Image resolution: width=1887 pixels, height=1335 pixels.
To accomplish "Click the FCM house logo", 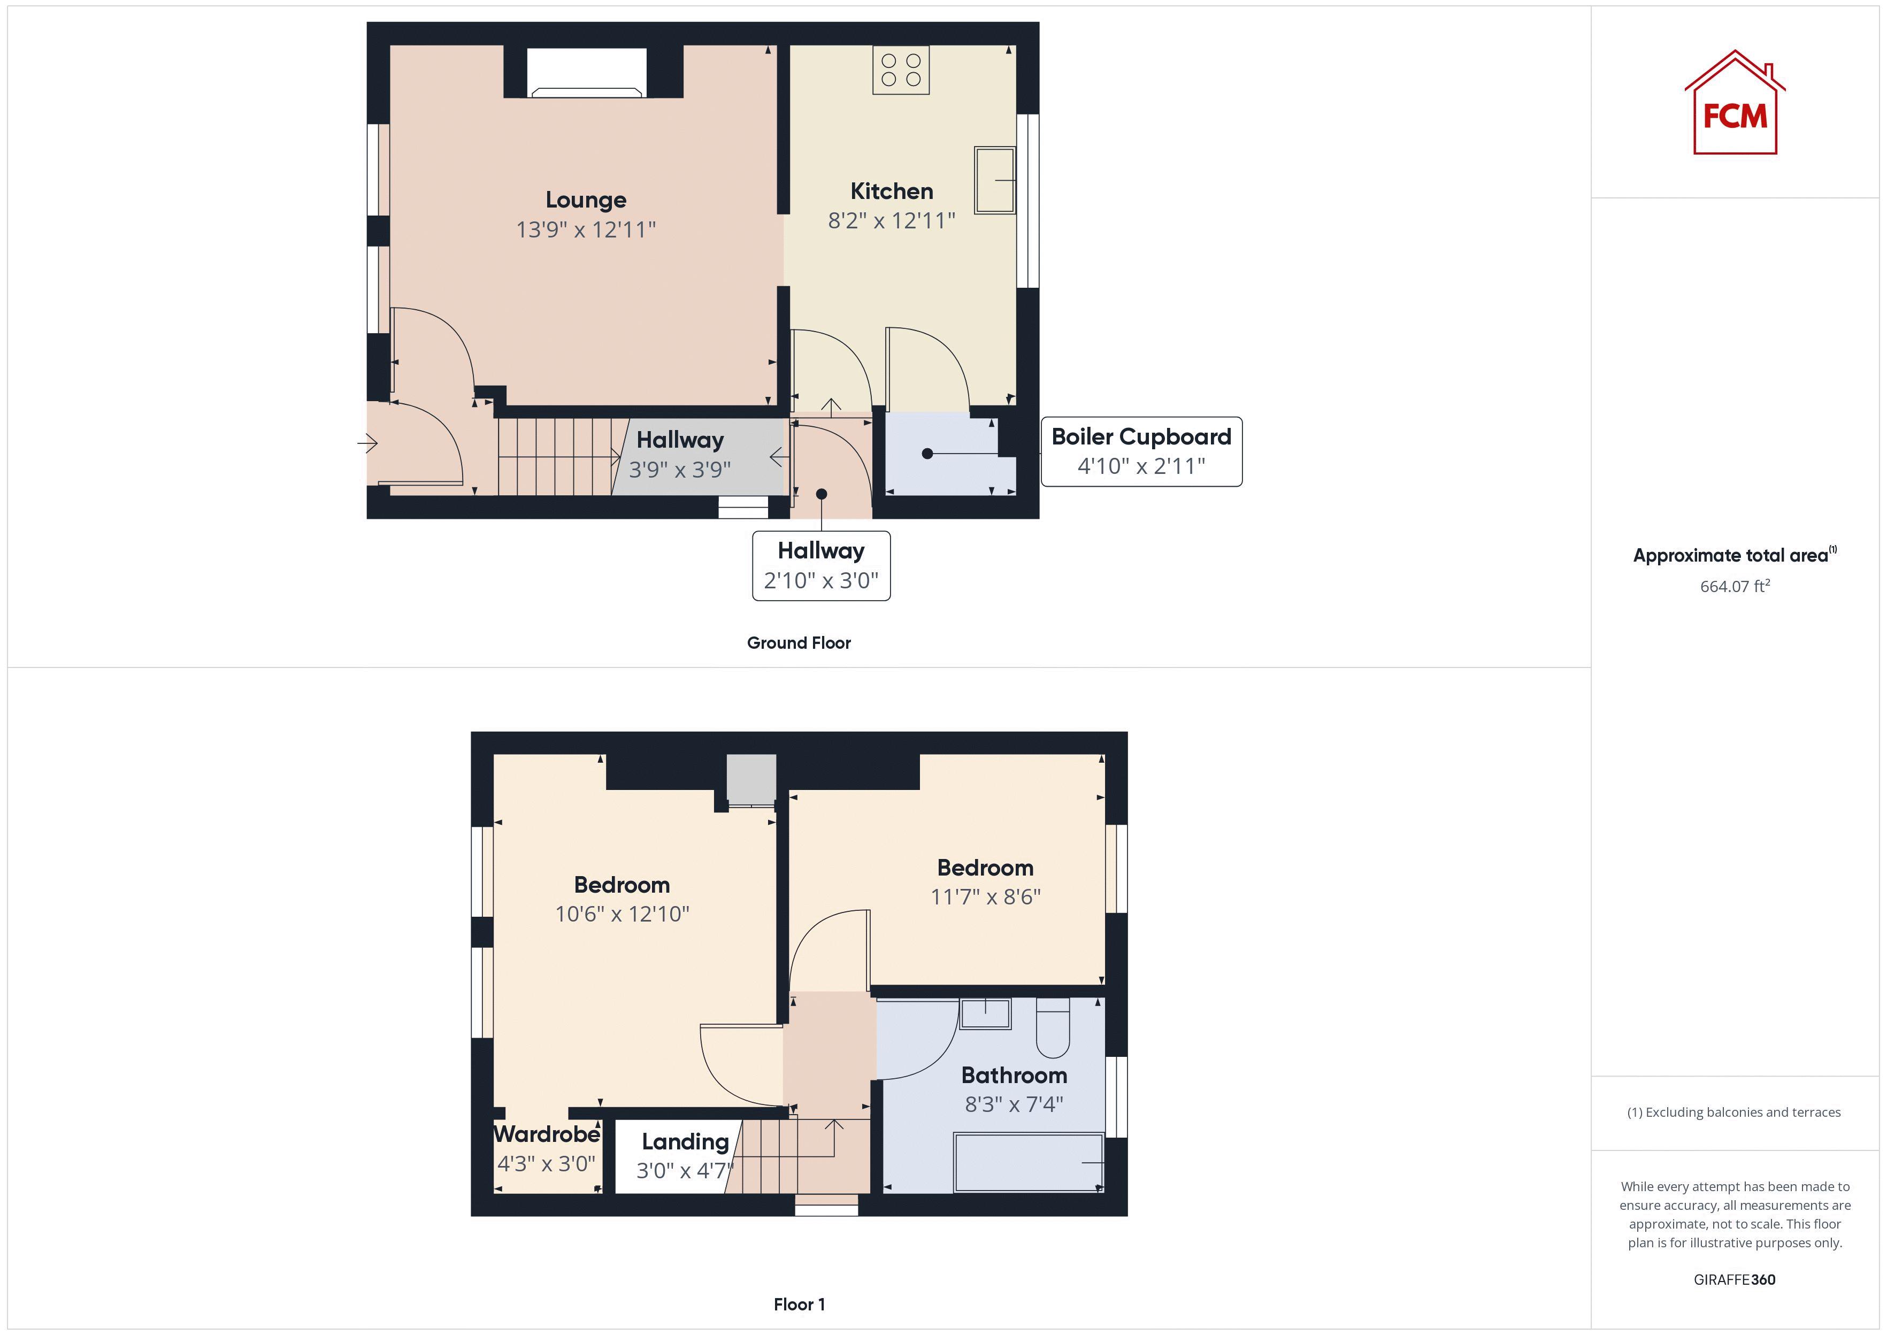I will point(1734,104).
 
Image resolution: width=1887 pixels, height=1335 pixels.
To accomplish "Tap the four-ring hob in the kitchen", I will point(901,70).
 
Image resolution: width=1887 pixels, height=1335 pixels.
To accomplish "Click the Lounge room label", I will point(586,200).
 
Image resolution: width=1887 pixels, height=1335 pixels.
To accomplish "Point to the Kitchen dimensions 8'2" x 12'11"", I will point(891,220).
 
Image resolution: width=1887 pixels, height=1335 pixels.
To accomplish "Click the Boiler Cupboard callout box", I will point(1141,451).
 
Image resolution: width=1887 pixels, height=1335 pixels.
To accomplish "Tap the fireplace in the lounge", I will point(586,72).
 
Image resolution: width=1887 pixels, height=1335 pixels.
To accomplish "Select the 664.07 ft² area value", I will point(1734,586).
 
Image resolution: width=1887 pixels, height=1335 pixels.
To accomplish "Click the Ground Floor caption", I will point(798,643).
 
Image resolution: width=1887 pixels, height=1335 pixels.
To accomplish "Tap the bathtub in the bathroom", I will point(1027,1162).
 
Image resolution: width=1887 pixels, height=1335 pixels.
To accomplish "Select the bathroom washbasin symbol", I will point(985,1013).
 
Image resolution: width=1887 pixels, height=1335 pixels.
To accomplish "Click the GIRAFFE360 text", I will point(1734,1279).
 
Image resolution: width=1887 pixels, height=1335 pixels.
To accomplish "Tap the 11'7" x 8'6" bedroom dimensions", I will point(985,897).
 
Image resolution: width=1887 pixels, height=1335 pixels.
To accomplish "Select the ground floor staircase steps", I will point(555,457).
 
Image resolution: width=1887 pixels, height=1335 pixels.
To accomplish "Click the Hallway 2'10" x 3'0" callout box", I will point(820,565).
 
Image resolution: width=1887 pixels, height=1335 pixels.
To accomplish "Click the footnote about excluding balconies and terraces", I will point(1733,1112).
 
